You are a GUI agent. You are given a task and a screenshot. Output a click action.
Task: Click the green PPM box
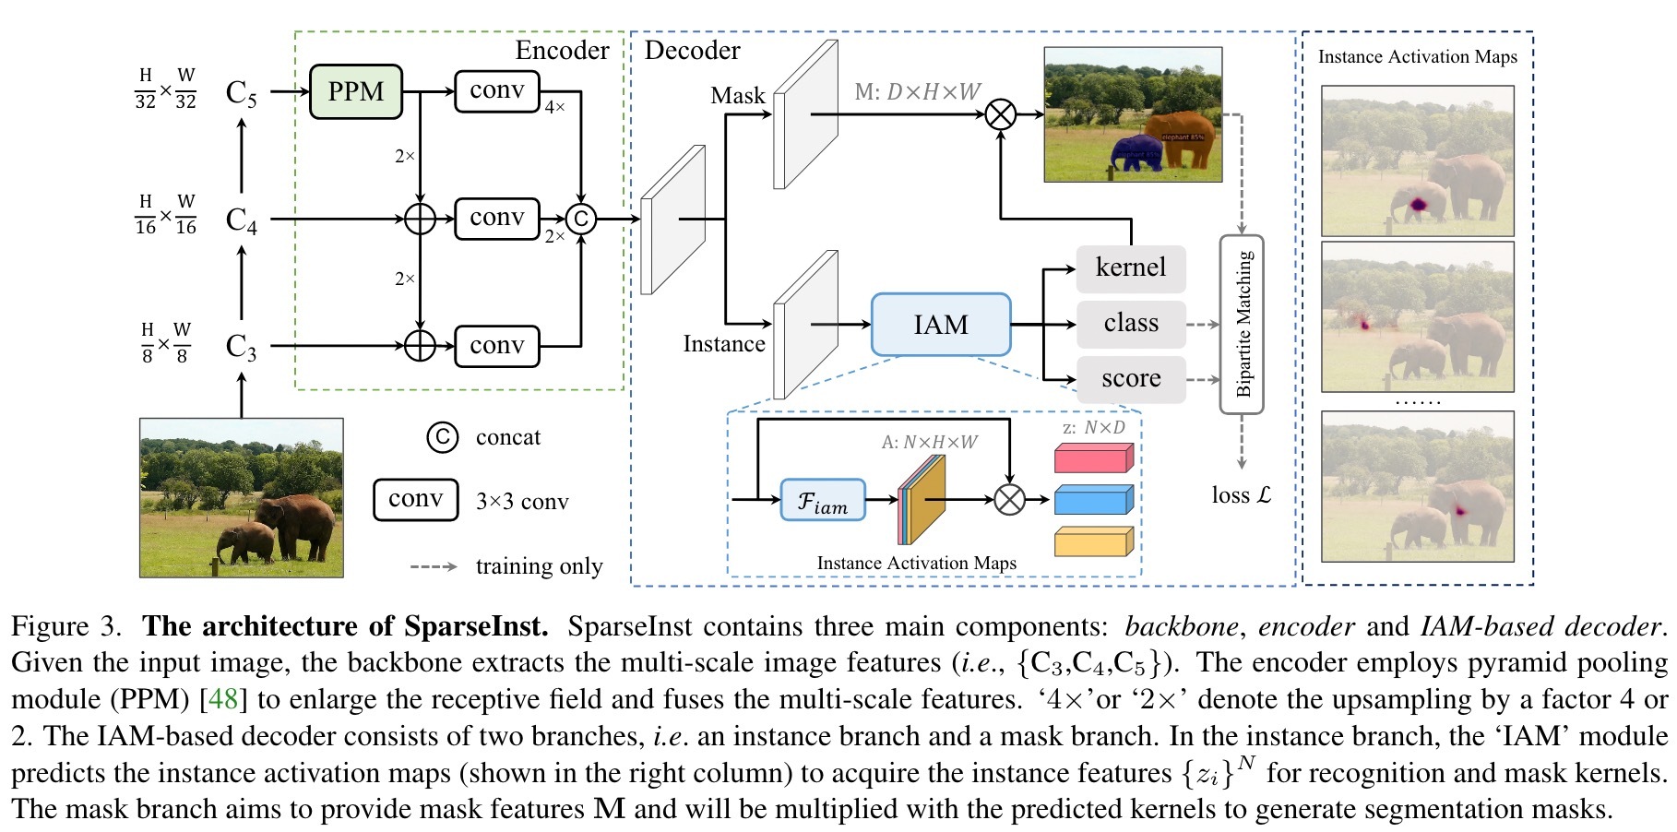355,91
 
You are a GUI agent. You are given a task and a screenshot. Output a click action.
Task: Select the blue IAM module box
941,325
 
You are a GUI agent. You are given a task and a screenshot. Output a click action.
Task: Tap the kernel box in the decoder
1131,267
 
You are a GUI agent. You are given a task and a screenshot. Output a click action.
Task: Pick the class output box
1131,324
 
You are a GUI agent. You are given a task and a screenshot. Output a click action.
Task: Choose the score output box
1131,379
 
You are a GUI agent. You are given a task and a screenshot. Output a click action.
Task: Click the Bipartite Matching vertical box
1242,325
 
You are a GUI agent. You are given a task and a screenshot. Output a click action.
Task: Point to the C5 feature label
241,93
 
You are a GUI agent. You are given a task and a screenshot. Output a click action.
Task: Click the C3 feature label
241,347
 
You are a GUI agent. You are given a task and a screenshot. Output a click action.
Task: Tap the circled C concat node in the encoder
581,219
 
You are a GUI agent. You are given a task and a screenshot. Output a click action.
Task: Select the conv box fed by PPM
496,91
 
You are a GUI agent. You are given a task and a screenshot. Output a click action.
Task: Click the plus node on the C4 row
420,219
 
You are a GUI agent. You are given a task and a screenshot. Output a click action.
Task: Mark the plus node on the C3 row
420,346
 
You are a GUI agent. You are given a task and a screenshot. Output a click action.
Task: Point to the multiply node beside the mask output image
1001,114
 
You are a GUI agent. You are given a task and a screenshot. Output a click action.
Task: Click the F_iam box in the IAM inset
823,500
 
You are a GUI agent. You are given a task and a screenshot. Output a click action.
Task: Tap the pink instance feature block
1093,458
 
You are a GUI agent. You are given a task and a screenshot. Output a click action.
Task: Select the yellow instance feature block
1093,541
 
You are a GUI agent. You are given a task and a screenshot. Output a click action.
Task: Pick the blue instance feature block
1093,499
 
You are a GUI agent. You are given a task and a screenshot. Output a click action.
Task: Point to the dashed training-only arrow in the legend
434,566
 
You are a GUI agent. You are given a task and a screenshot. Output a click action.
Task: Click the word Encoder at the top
562,50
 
